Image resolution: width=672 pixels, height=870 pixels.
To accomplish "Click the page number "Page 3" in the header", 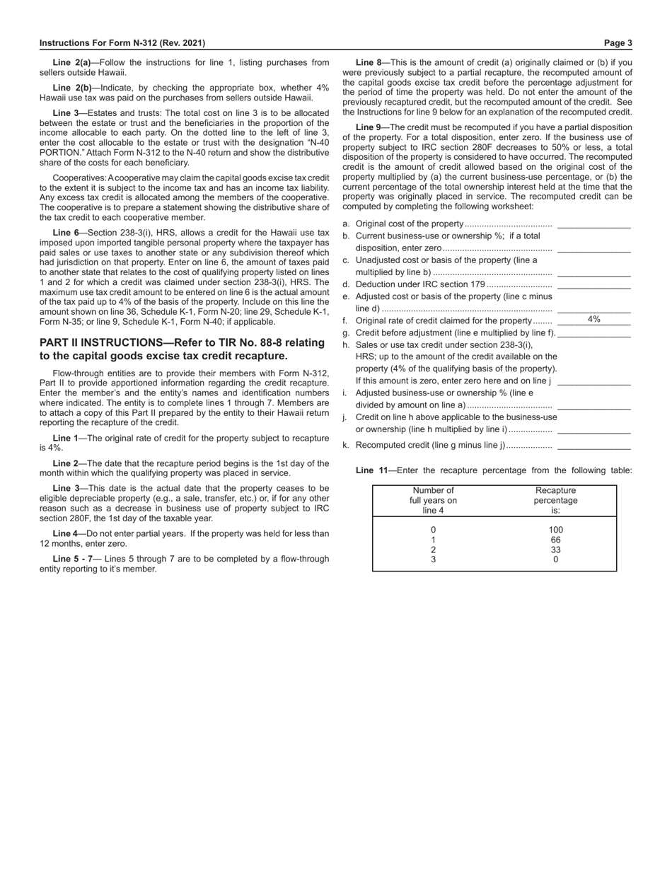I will [x=618, y=43].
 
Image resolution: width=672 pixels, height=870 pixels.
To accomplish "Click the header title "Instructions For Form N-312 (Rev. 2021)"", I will [x=122, y=43].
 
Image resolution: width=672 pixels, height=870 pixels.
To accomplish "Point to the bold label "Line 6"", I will [x=66, y=232].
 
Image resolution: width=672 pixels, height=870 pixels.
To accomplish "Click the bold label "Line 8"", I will [x=369, y=62].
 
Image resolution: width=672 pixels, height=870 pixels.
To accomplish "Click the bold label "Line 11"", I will [x=371, y=470].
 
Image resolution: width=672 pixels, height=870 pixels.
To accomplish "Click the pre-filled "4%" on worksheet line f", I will [x=593, y=320].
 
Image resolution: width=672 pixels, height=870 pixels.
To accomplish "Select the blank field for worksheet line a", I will [x=593, y=224].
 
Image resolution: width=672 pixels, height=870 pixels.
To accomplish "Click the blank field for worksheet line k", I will [x=593, y=446].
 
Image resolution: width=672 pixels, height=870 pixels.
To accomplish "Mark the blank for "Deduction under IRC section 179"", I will [x=593, y=284].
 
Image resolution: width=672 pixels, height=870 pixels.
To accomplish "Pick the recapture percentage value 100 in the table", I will [x=555, y=530].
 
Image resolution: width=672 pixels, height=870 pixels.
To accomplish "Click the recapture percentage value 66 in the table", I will [x=555, y=540].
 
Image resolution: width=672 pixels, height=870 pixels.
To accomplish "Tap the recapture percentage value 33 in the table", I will [x=555, y=550].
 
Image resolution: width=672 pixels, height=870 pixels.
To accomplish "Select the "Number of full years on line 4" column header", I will [x=433, y=500].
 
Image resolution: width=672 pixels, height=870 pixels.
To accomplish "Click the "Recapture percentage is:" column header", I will [x=555, y=500].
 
